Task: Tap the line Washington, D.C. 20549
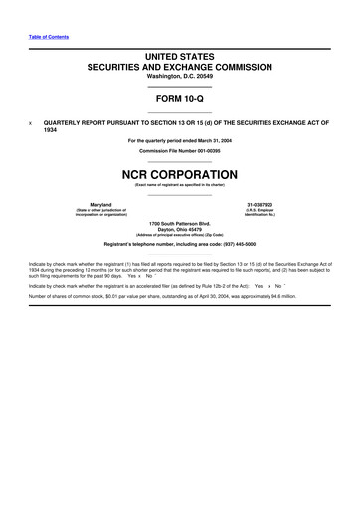click(180, 77)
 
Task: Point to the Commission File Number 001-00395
click(180, 149)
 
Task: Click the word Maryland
click(101, 204)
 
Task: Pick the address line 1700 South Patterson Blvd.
click(180, 222)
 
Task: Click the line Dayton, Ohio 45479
click(180, 228)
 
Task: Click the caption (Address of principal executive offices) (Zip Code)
click(180, 234)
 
